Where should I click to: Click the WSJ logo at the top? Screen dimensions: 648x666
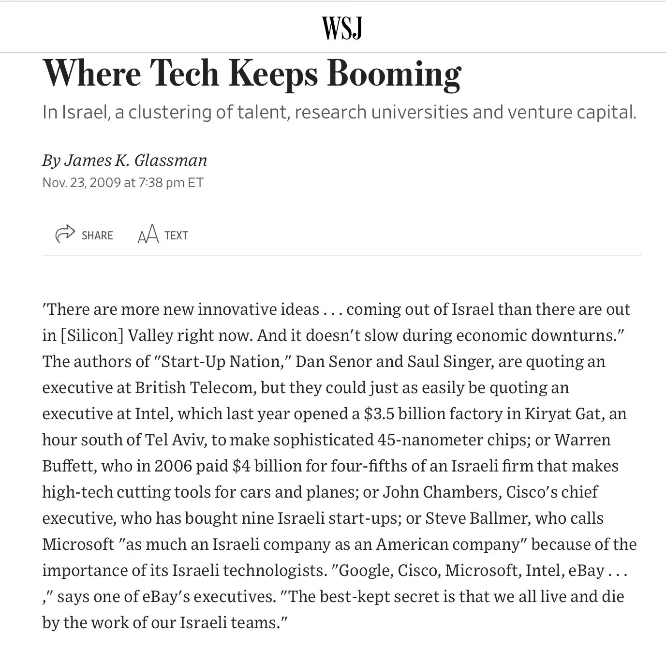point(342,28)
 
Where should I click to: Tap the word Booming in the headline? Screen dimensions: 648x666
point(394,74)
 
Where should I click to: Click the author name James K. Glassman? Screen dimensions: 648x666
point(135,160)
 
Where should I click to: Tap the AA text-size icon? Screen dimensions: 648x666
point(148,235)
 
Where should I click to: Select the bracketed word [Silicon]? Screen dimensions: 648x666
point(92,335)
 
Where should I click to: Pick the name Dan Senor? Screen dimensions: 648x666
point(333,361)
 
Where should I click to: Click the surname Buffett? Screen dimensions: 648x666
point(69,466)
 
